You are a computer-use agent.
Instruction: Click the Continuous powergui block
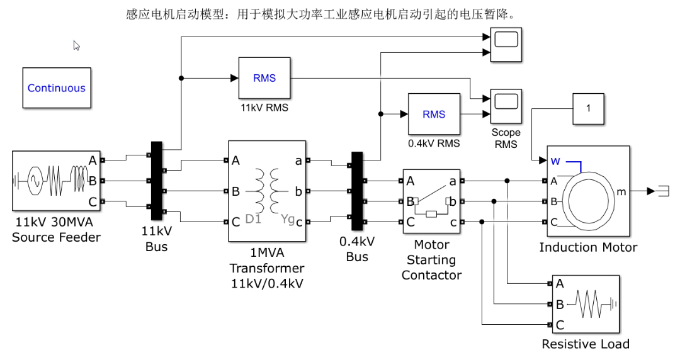click(x=57, y=87)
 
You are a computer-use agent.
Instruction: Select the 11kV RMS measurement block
click(x=264, y=78)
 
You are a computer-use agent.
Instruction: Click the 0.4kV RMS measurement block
click(x=434, y=114)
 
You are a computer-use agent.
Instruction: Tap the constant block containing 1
click(x=588, y=108)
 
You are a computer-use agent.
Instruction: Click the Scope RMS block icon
click(x=506, y=106)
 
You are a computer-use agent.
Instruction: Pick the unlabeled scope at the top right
click(x=506, y=45)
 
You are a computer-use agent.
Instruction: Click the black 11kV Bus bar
click(x=156, y=181)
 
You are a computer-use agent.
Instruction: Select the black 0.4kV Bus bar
click(x=357, y=191)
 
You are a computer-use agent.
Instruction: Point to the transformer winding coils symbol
click(x=267, y=191)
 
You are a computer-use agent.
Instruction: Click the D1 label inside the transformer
click(x=253, y=219)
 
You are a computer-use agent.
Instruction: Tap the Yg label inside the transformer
click(x=288, y=219)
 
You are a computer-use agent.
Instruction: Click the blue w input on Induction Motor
click(x=555, y=161)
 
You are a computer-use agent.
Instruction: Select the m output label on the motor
click(x=621, y=192)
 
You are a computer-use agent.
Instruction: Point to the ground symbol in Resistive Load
click(x=613, y=304)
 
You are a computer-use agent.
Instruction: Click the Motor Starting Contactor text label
click(x=431, y=260)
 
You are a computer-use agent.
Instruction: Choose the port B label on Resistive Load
click(x=560, y=305)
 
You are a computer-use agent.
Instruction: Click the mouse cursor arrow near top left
click(x=76, y=45)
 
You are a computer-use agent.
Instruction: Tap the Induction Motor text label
click(x=588, y=247)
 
